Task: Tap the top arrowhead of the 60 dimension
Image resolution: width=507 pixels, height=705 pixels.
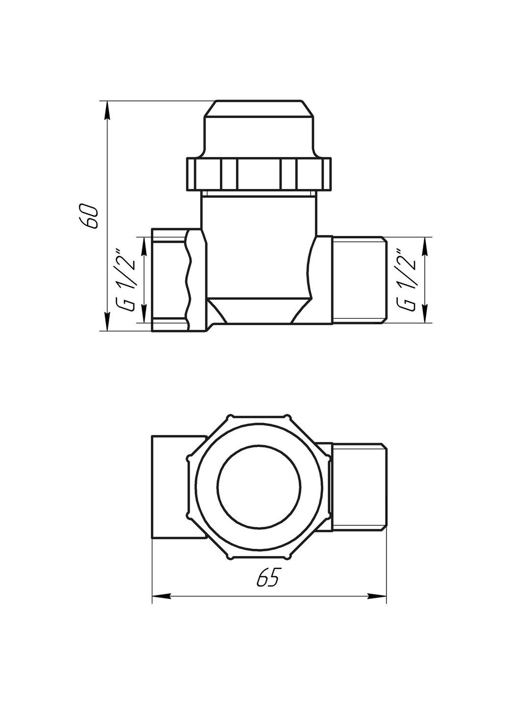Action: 107,110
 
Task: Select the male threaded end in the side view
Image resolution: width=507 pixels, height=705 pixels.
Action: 359,279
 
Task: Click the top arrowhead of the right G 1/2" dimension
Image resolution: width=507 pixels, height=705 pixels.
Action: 424,245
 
